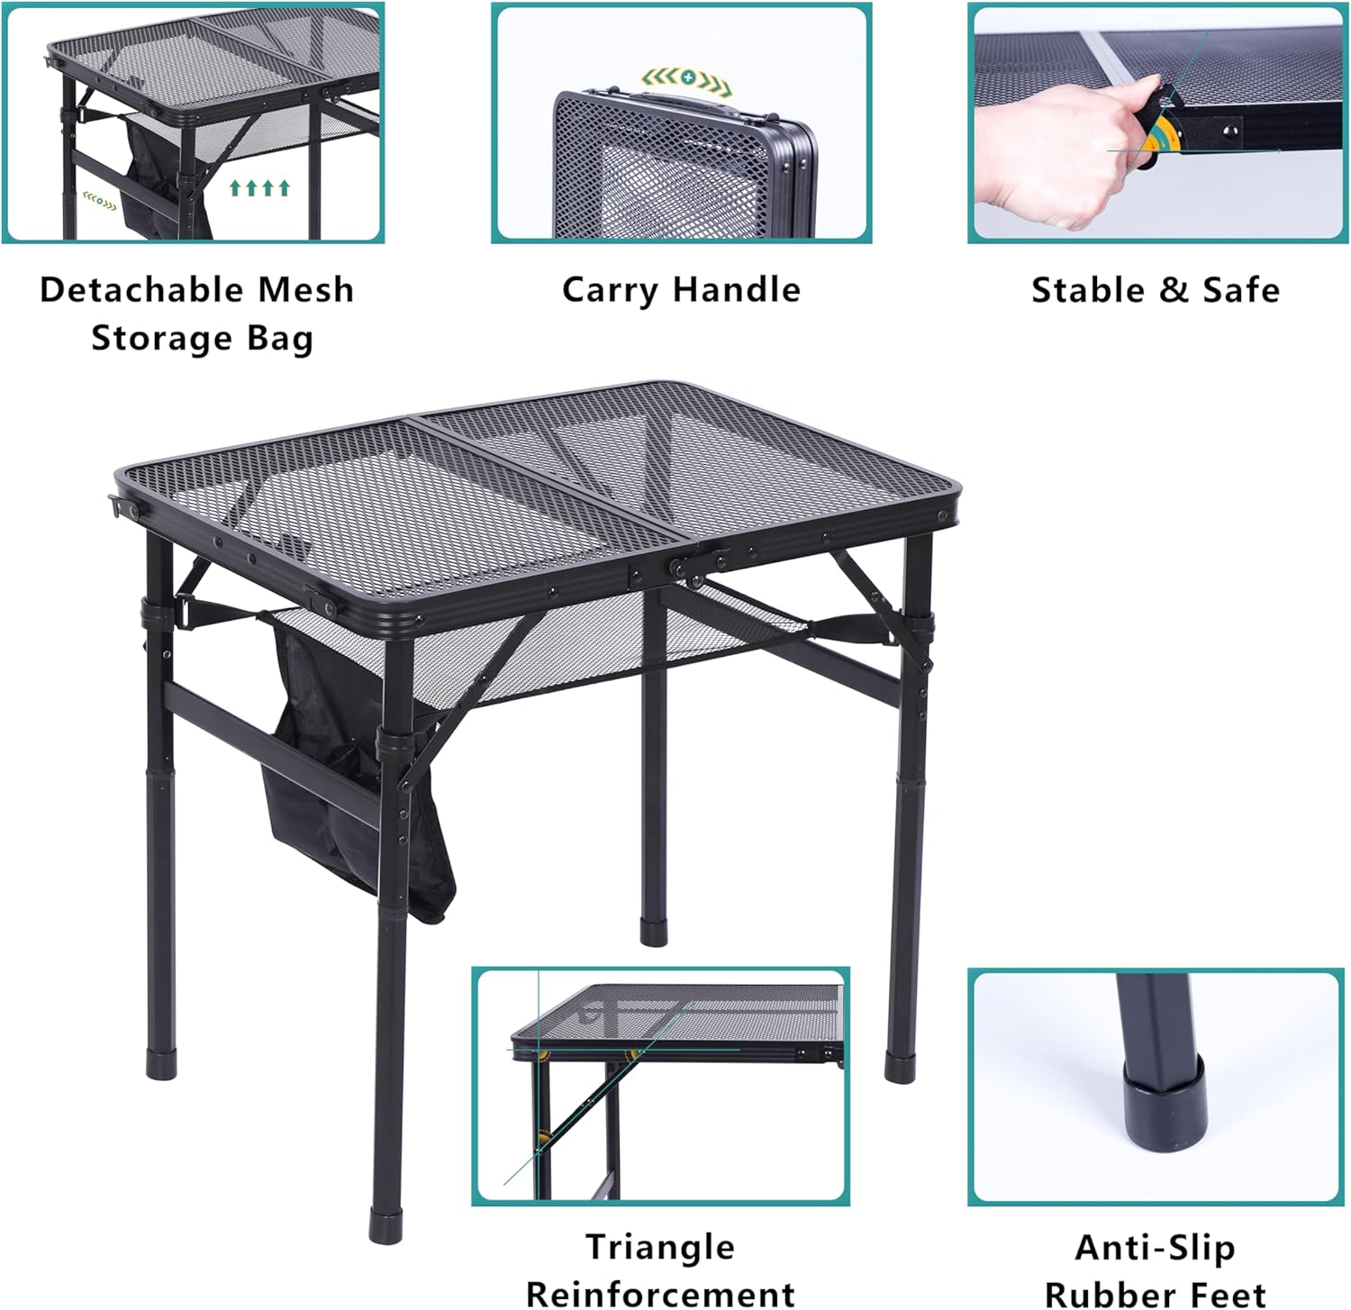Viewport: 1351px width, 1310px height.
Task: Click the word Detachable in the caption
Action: pos(141,289)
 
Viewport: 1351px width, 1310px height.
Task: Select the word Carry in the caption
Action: pos(609,290)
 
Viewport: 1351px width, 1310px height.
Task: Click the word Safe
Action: pos(1241,290)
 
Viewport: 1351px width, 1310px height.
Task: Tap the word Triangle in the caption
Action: pos(660,1247)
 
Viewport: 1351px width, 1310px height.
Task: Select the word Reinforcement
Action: pos(660,1294)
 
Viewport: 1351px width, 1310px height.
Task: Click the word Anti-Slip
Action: pos(1155,1247)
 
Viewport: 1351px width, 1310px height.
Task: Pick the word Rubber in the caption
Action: pos(1101,1294)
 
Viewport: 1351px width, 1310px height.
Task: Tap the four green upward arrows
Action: pos(259,187)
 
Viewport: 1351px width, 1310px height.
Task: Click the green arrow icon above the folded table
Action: pos(686,78)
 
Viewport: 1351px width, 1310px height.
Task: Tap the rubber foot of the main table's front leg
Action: pos(385,1228)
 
